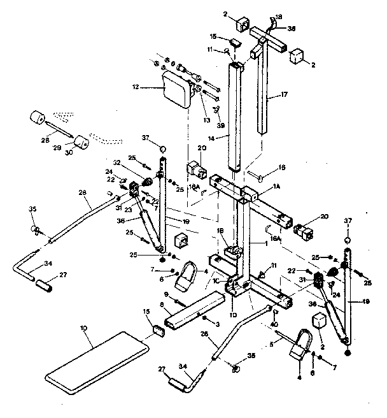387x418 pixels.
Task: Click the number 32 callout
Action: point(135,162)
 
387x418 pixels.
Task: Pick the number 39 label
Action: point(220,126)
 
